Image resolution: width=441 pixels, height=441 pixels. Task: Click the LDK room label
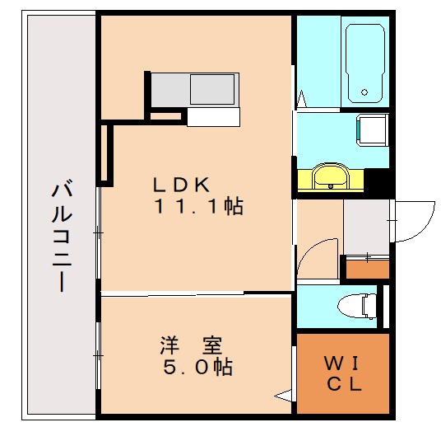point(185,182)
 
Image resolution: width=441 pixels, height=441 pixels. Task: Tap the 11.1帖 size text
point(198,206)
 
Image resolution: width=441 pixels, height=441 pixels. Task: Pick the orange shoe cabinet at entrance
point(367,268)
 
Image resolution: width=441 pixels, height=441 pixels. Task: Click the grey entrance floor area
point(365,228)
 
